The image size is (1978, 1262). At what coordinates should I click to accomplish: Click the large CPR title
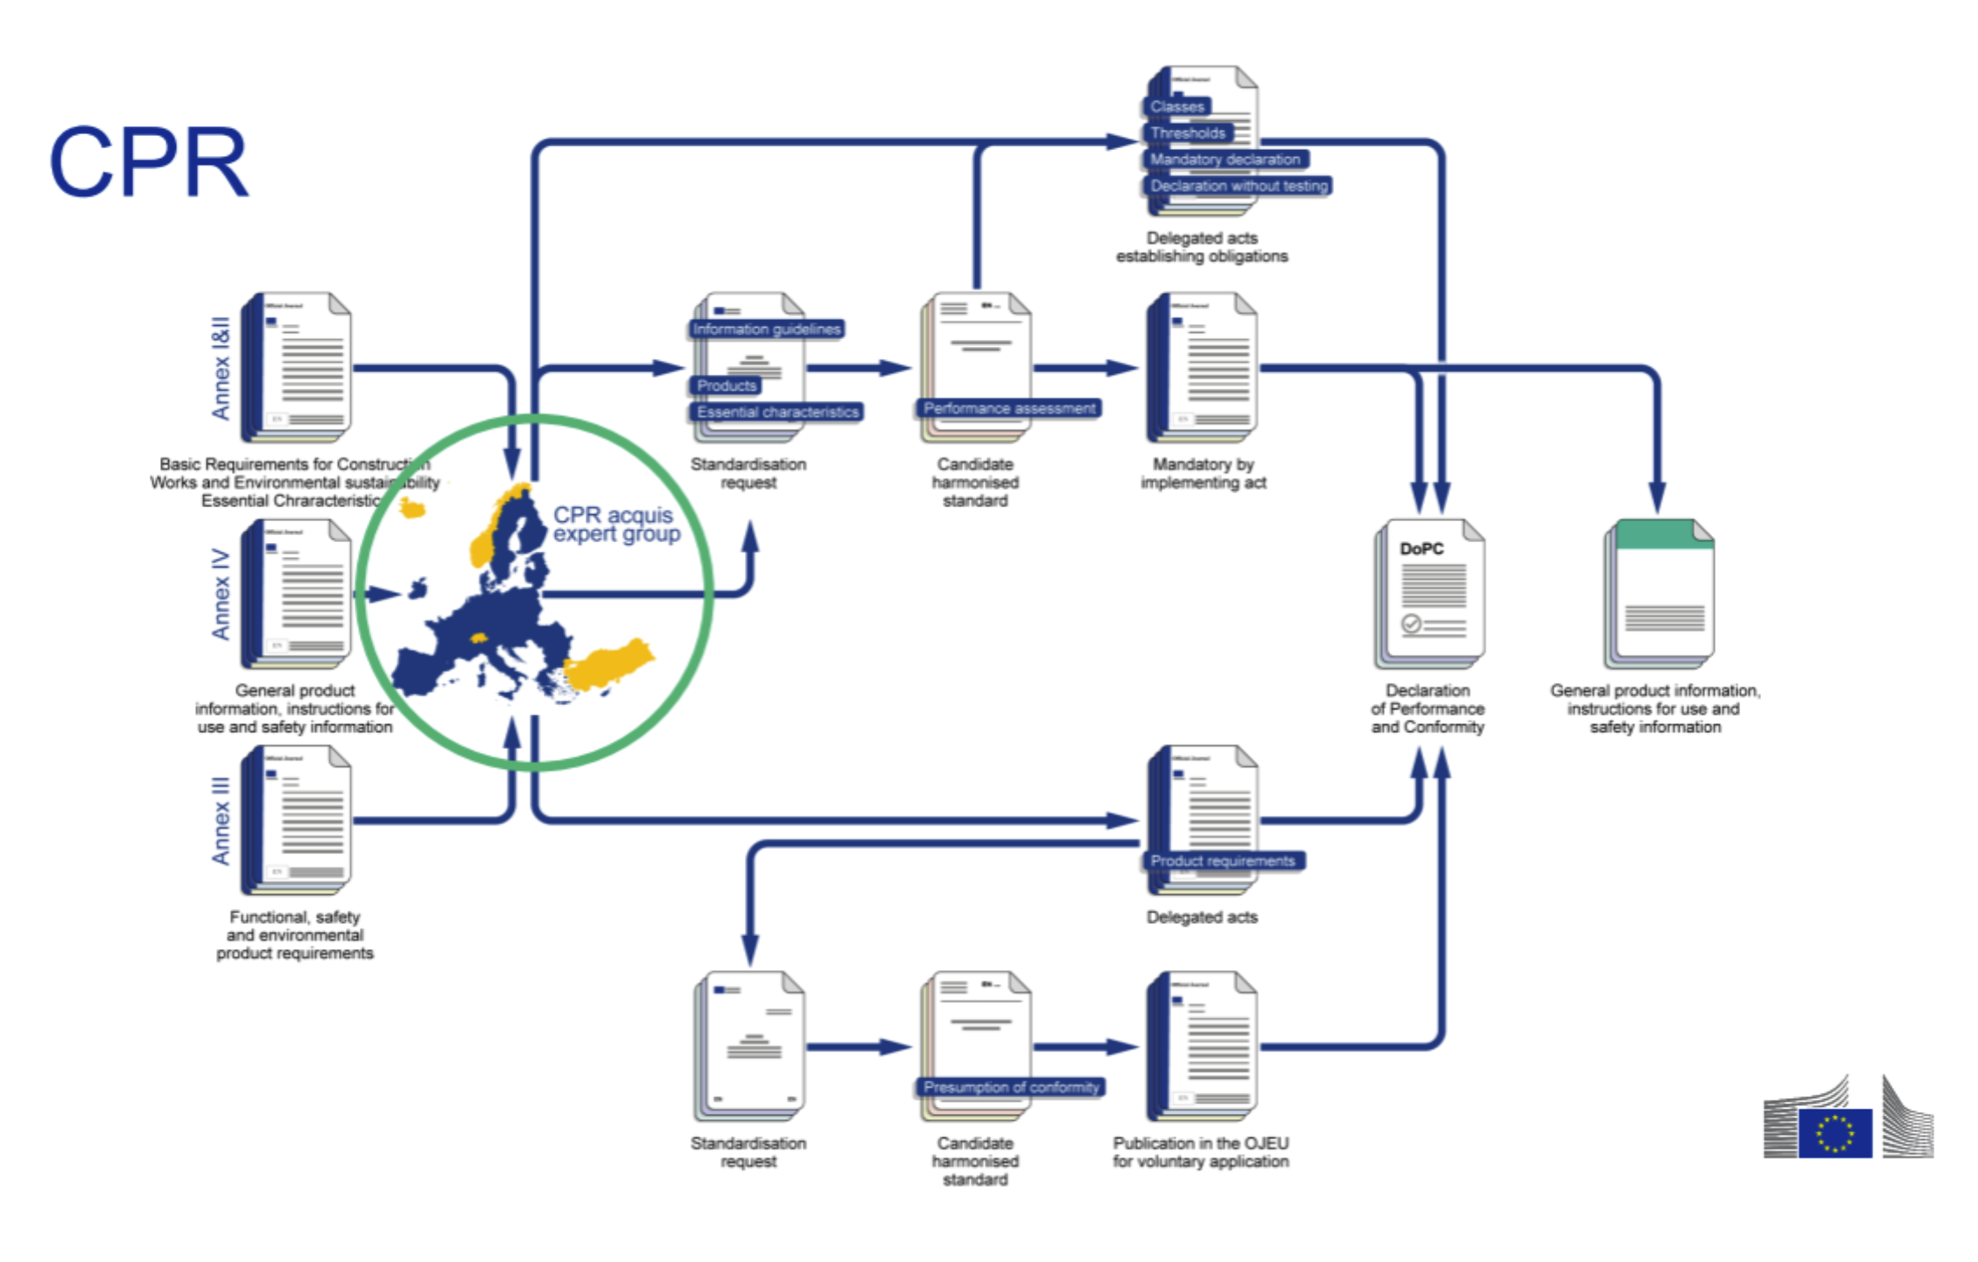pyautogui.click(x=149, y=162)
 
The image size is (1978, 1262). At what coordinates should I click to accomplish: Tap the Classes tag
pyautogui.click(x=1177, y=106)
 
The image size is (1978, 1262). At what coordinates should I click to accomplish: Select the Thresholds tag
pyautogui.click(x=1187, y=132)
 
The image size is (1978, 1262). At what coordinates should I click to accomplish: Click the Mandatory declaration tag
pyautogui.click(x=1224, y=159)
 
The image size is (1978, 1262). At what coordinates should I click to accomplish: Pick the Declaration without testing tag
pyautogui.click(x=1238, y=186)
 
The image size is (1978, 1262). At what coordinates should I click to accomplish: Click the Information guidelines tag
pyautogui.click(x=766, y=329)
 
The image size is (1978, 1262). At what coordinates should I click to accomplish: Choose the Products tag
pyautogui.click(x=726, y=385)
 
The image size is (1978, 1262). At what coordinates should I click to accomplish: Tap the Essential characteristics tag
pyautogui.click(x=777, y=411)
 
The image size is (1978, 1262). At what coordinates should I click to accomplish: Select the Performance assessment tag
pyautogui.click(x=1009, y=408)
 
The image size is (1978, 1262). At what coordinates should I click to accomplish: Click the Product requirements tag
pyautogui.click(x=1223, y=860)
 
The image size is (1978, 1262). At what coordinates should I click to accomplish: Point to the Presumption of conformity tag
pyautogui.click(x=1011, y=1087)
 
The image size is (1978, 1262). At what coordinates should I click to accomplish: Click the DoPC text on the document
pyautogui.click(x=1421, y=548)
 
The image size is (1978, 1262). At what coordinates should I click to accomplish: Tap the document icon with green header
pyautogui.click(x=1660, y=593)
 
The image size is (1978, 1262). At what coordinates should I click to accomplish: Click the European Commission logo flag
pyautogui.click(x=1834, y=1132)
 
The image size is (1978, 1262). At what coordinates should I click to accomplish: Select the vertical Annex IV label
pyautogui.click(x=220, y=594)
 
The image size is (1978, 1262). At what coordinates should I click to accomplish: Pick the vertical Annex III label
pyautogui.click(x=220, y=821)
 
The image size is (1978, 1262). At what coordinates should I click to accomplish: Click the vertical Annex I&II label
pyautogui.click(x=220, y=368)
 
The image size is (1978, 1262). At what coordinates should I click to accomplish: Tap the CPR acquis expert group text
pyautogui.click(x=616, y=524)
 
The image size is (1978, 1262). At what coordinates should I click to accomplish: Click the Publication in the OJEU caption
pyautogui.click(x=1201, y=1151)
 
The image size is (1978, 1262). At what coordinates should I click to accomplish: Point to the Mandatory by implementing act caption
pyautogui.click(x=1202, y=473)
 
